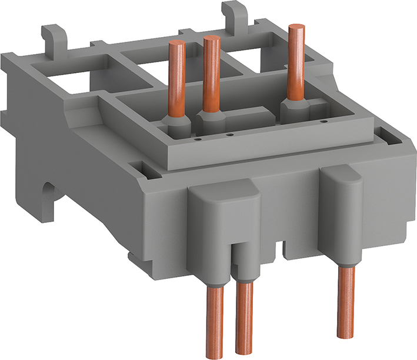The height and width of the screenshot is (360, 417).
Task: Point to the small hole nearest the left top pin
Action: click(x=198, y=141)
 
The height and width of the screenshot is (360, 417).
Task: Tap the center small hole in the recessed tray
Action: click(x=230, y=135)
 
